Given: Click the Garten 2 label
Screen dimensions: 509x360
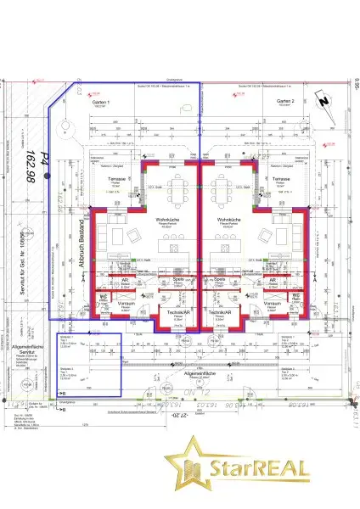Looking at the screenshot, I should pos(284,101).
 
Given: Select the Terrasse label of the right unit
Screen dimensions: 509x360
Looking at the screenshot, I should pos(283,181).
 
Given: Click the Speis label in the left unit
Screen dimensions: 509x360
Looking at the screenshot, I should pos(179,279).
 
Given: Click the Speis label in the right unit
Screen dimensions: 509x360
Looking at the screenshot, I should pos(219,279).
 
